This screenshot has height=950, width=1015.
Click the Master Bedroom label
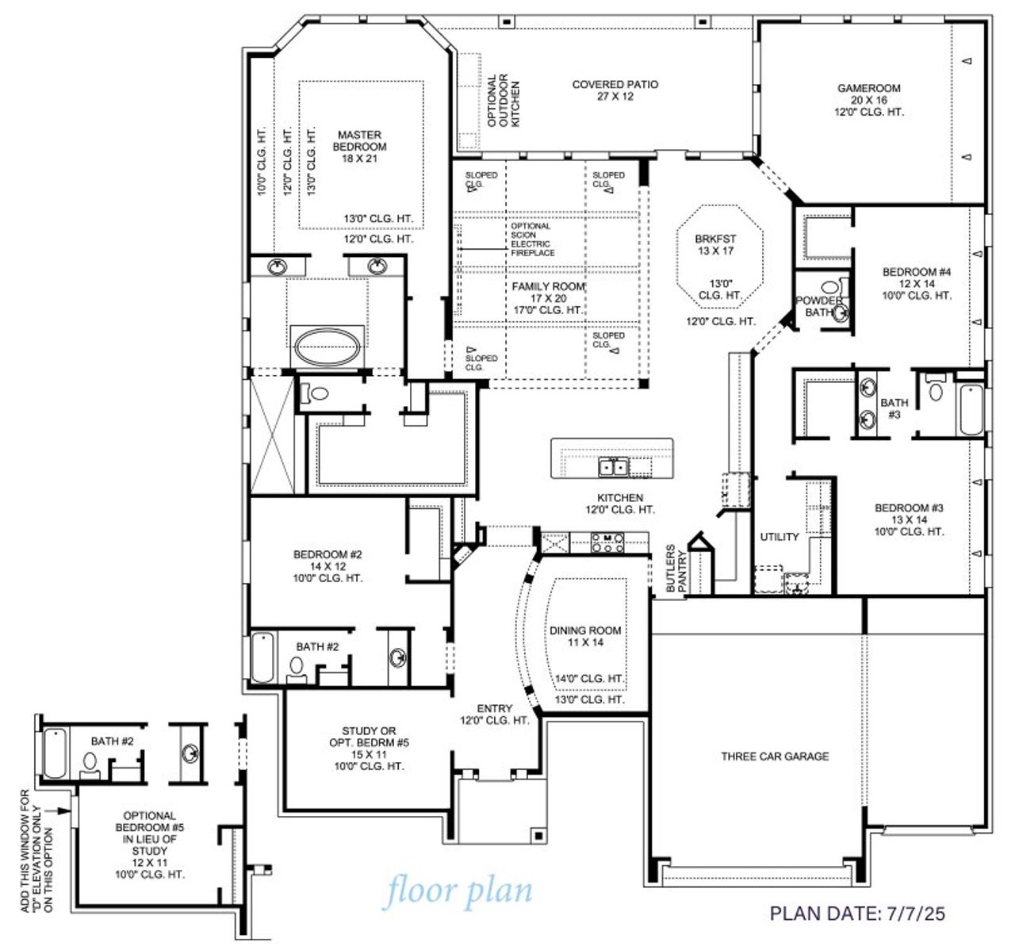click(359, 147)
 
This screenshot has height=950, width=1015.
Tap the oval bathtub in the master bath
click(327, 347)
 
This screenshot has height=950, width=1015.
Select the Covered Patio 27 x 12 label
click(615, 90)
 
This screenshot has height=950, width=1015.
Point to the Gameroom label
click(868, 100)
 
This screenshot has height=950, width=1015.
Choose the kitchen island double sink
click(613, 467)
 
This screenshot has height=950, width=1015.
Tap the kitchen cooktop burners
click(608, 543)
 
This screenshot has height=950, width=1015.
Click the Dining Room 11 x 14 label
click(585, 636)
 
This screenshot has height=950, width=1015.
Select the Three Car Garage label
click(775, 757)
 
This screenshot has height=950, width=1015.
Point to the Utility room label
click(779, 537)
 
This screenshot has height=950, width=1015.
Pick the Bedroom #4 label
click(916, 283)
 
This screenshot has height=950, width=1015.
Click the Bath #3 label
click(894, 408)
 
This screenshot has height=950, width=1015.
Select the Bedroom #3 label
click(909, 519)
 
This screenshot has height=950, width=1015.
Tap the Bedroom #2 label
click(327, 566)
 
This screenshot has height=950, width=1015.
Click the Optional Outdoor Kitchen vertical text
click(503, 101)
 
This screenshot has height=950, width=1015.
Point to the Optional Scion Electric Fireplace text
click(532, 239)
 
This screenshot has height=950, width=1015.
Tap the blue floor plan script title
click(459, 891)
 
